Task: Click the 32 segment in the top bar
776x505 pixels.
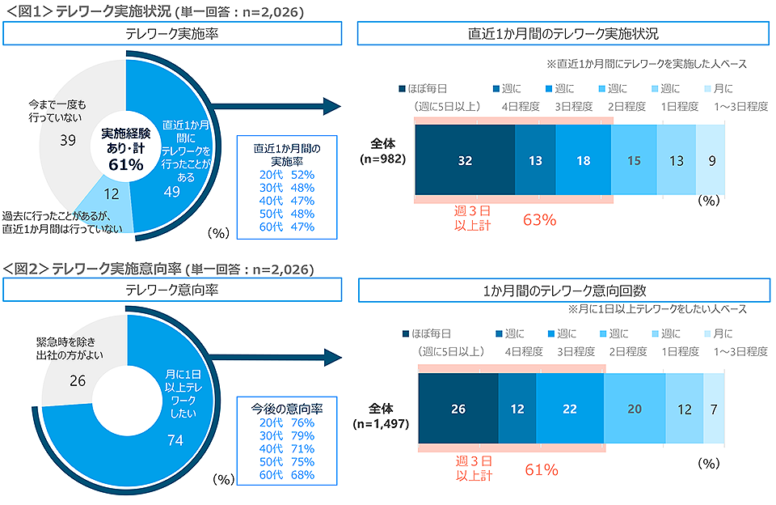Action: [465, 160]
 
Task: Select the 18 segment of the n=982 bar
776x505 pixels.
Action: [583, 160]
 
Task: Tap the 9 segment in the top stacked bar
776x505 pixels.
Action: [711, 160]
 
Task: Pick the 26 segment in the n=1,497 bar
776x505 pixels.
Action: [458, 409]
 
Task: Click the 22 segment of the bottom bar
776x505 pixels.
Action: [569, 409]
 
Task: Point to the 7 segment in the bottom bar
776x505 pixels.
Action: [714, 409]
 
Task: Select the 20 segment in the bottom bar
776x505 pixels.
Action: [635, 409]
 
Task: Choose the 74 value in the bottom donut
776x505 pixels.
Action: [176, 439]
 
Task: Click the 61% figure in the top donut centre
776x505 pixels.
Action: [125, 165]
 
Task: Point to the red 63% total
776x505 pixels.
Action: [540, 219]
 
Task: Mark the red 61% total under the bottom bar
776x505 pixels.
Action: [542, 469]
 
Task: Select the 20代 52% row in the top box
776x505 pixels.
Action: [287, 175]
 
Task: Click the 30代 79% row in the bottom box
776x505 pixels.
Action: [287, 435]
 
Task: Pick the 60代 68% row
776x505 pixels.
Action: [287, 474]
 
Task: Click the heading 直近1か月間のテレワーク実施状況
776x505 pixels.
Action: [563, 35]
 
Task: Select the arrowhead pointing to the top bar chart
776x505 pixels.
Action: [331, 106]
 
